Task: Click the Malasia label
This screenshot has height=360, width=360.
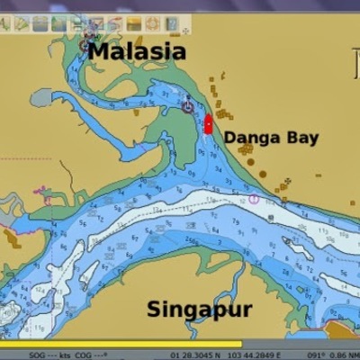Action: pyautogui.click(x=137, y=51)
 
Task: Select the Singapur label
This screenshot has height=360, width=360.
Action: pyautogui.click(x=200, y=310)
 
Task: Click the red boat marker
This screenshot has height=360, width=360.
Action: pyautogui.click(x=208, y=125)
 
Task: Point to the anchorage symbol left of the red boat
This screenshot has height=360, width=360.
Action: pyautogui.click(x=187, y=105)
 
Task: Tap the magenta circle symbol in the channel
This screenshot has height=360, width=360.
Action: pyautogui.click(x=254, y=198)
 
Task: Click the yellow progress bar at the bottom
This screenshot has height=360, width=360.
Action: pyautogui.click(x=121, y=345)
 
